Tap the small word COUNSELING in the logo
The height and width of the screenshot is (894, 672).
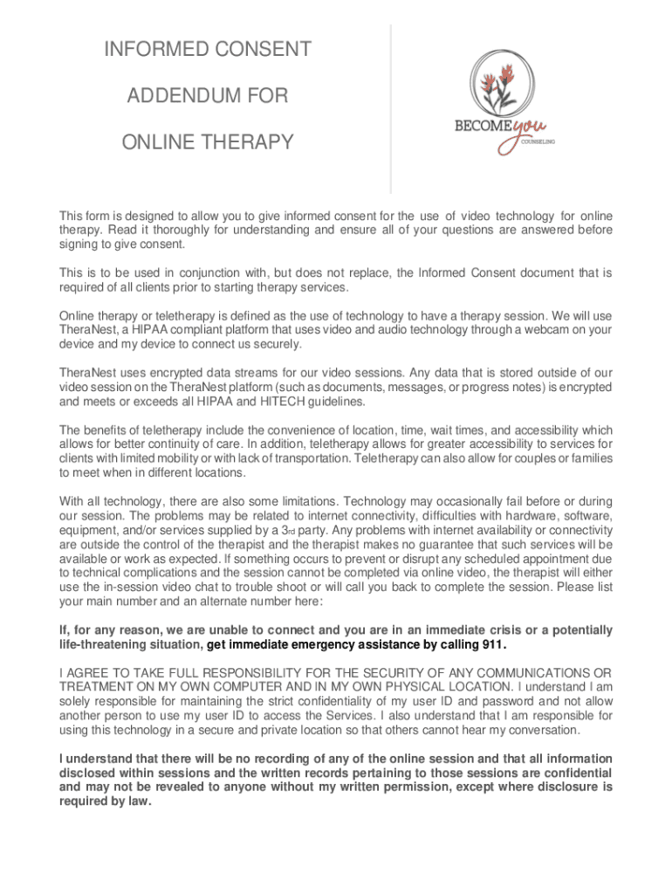[538, 141]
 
